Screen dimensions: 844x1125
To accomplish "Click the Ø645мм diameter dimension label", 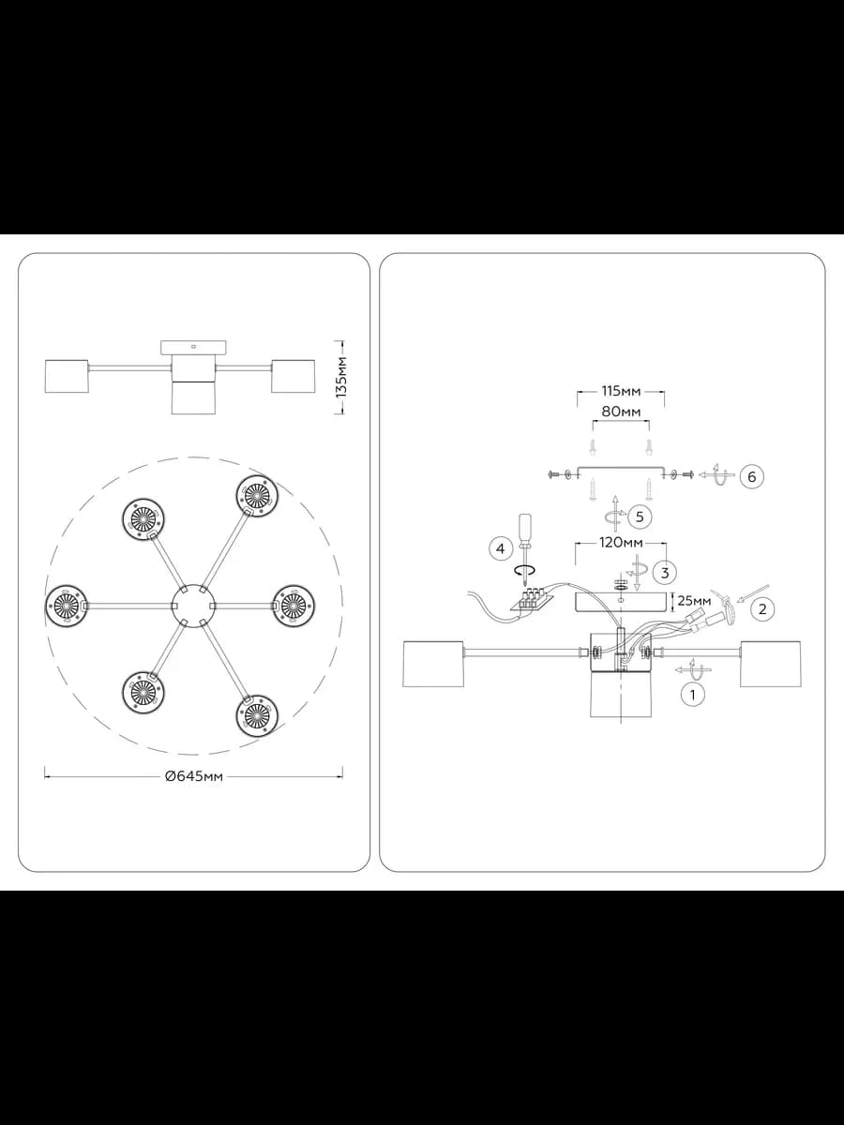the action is pyautogui.click(x=194, y=776).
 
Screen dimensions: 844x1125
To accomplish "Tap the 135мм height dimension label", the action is pyautogui.click(x=341, y=377).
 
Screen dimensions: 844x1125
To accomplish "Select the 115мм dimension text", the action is pyautogui.click(x=621, y=392).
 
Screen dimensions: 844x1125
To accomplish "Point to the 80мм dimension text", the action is pyautogui.click(x=621, y=412).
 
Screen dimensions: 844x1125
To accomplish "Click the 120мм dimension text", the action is pyautogui.click(x=621, y=542).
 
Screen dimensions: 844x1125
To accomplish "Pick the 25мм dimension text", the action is pyautogui.click(x=694, y=601).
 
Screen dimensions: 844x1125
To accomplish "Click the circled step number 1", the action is pyautogui.click(x=693, y=696).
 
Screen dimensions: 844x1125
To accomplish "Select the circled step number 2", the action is pyautogui.click(x=762, y=608).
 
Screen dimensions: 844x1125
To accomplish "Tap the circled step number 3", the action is pyautogui.click(x=665, y=573).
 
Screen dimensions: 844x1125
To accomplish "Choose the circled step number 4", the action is pyautogui.click(x=501, y=549).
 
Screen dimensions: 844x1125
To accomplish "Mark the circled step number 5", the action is pyautogui.click(x=640, y=517).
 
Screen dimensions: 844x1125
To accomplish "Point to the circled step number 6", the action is pyautogui.click(x=752, y=476).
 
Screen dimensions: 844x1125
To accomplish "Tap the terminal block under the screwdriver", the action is pyautogui.click(x=532, y=600).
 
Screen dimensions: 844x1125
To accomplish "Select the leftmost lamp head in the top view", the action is pyautogui.click(x=67, y=606).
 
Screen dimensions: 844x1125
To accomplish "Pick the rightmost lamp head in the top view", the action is pyautogui.click(x=294, y=606).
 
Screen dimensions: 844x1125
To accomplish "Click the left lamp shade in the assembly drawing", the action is pyautogui.click(x=433, y=663).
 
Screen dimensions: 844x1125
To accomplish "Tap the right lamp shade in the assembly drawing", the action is pyautogui.click(x=770, y=663).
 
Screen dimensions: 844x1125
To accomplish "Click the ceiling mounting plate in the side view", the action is pyautogui.click(x=193, y=348).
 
